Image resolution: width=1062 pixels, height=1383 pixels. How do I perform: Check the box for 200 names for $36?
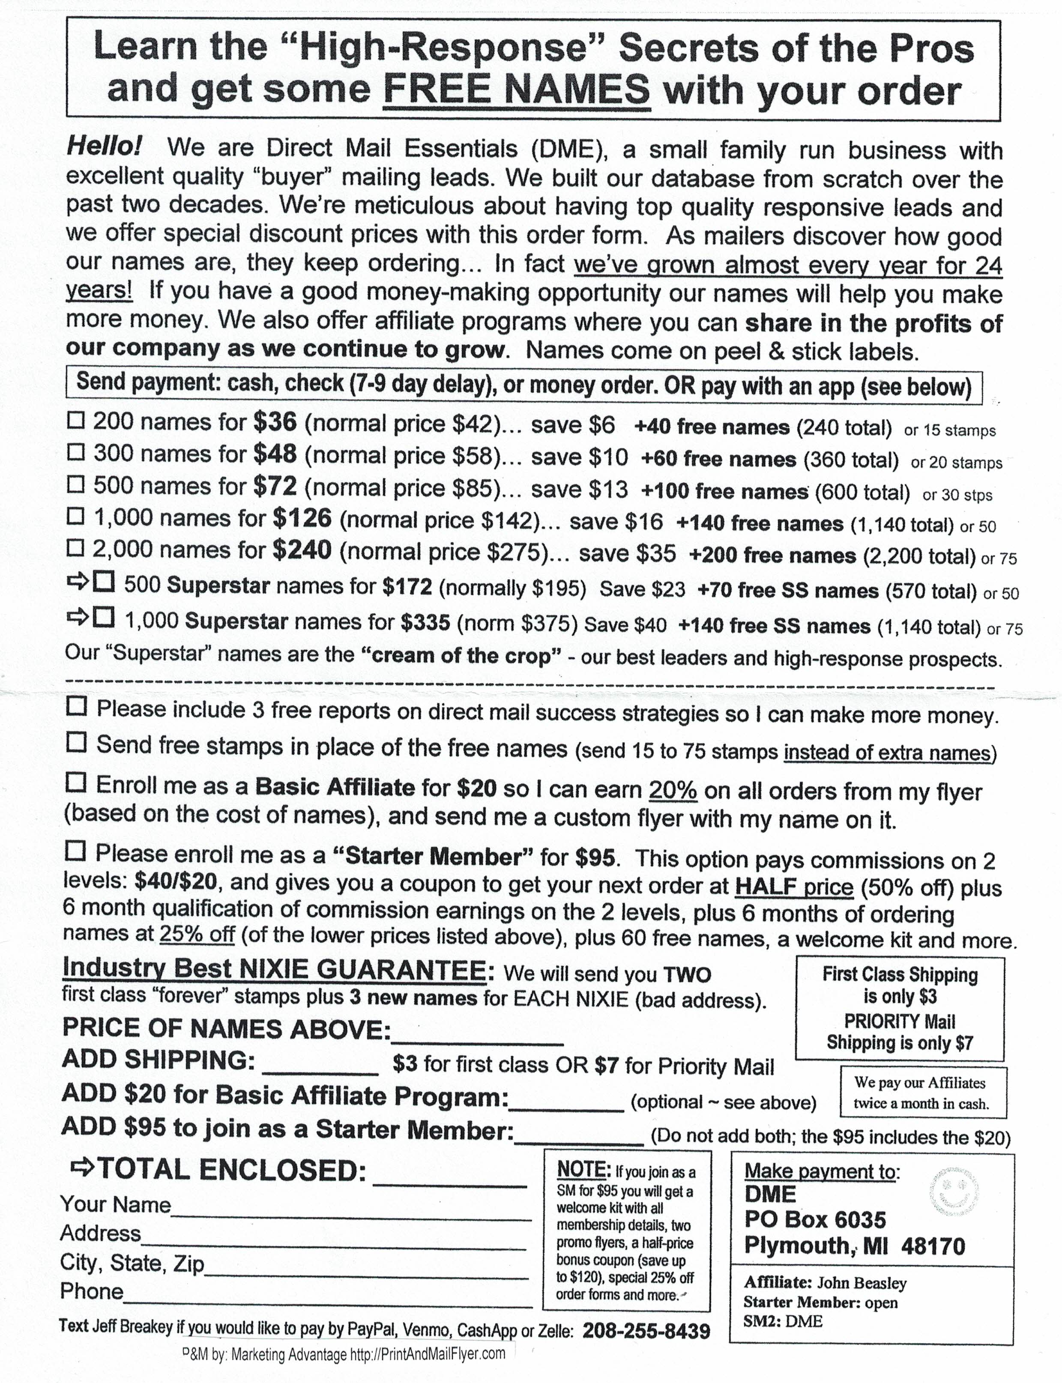coord(76,420)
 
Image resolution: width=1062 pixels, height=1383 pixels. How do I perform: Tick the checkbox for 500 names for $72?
coord(76,485)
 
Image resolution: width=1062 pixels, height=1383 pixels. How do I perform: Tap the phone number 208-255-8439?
coord(646,1331)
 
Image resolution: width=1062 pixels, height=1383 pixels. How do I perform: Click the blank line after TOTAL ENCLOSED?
coord(450,1182)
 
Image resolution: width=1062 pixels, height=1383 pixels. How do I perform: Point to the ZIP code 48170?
coord(933,1246)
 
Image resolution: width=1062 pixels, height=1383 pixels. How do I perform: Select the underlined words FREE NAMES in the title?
coord(517,90)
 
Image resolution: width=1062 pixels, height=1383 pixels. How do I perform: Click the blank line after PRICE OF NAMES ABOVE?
coord(477,1031)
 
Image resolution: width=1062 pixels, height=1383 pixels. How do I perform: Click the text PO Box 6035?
coord(815,1219)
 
